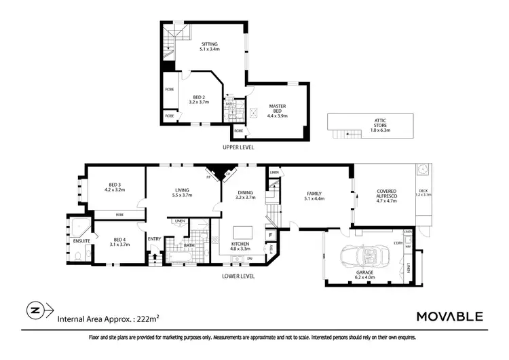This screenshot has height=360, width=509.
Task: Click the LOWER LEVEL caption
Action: coord(238,276)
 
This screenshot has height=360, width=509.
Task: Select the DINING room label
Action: coord(244,194)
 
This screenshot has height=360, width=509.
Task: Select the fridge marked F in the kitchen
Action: coord(270,236)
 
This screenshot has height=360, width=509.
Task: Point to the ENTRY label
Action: coord(155,238)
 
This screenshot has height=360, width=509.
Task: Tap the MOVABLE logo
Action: coord(449,316)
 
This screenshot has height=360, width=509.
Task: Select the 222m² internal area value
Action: coord(147,318)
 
